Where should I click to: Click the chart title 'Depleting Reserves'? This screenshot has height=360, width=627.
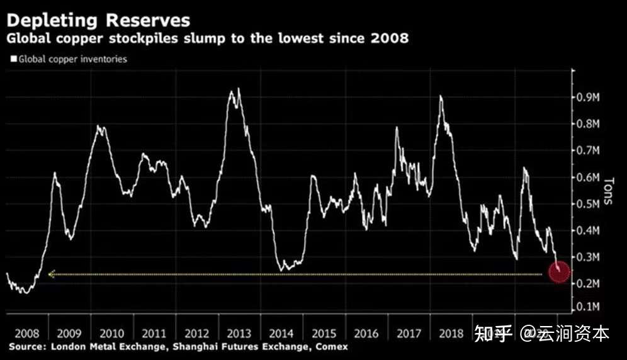click(98, 20)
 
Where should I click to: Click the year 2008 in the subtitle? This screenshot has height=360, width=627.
click(390, 39)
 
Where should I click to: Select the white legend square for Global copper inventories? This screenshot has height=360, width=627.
click(13, 59)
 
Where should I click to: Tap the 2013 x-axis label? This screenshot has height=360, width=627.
click(239, 333)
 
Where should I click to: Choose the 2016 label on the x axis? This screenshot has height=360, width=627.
click(366, 333)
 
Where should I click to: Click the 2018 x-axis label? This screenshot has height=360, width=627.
click(451, 333)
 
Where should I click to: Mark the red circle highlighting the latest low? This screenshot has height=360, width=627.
click(559, 272)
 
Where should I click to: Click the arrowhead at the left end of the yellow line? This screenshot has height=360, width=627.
click(51, 274)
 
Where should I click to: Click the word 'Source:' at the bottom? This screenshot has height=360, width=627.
click(26, 347)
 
